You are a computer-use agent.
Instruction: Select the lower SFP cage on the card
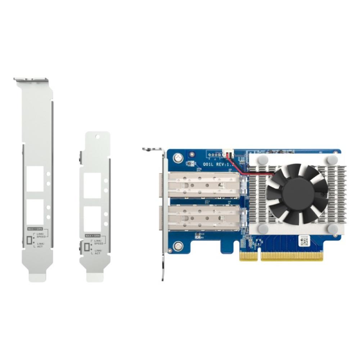203,218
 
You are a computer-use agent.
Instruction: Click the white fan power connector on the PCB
228,154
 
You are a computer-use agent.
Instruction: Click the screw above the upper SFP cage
177,157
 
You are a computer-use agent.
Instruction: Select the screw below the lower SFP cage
177,246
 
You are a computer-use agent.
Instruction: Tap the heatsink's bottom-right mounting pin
333,228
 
